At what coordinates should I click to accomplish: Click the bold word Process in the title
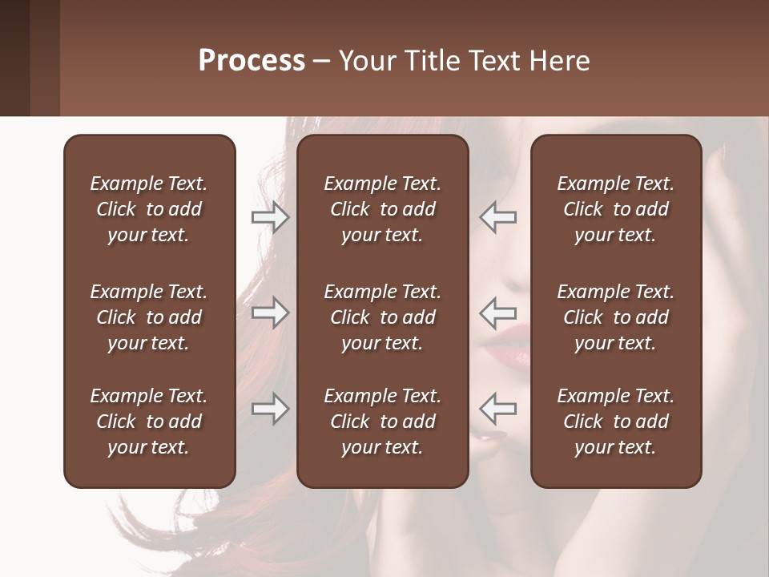[x=252, y=61]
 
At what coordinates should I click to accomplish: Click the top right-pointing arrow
[x=270, y=217]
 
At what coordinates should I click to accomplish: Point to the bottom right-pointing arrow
[x=270, y=409]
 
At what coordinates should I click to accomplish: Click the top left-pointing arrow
[x=498, y=217]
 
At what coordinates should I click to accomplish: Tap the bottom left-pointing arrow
[x=498, y=409]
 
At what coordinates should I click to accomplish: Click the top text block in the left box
[x=149, y=209]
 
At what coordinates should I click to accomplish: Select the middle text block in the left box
[x=149, y=317]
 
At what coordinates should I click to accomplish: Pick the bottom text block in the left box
[x=149, y=422]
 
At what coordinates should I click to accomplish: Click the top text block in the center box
[x=382, y=209]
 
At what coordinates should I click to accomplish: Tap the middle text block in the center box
[x=382, y=317]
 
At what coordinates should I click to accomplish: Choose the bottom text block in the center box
[x=382, y=422]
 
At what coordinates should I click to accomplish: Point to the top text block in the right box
[x=615, y=209]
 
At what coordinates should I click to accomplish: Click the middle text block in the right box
[x=615, y=317]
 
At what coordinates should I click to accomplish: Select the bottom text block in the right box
[x=615, y=422]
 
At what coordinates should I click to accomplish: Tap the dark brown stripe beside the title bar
[x=15, y=58]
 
